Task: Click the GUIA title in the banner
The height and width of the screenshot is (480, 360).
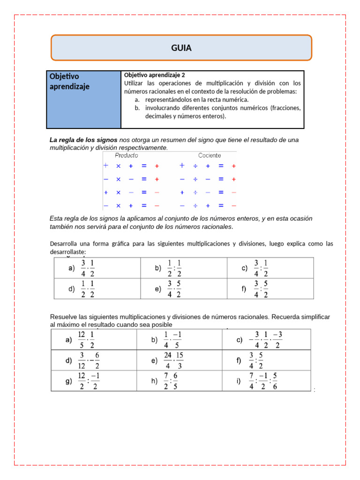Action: pos(181,48)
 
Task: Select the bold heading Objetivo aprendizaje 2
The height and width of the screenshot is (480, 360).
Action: pos(155,75)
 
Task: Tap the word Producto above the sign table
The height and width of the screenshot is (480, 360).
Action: pos(127,155)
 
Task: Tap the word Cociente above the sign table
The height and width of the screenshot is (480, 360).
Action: pos(210,155)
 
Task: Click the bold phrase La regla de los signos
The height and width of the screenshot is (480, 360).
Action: pos(83,140)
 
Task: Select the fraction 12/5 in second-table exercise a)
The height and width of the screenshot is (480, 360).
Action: pos(82,340)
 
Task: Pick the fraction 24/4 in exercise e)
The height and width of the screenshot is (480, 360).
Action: pos(168,361)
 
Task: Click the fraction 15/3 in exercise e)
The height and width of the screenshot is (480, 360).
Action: pos(180,361)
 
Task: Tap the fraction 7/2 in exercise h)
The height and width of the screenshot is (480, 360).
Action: pos(166,381)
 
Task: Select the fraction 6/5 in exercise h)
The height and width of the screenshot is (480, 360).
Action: pos(176,381)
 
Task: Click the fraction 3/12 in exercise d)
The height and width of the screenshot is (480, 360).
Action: pos(82,361)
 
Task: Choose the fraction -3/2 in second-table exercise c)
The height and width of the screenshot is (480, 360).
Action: pos(277,340)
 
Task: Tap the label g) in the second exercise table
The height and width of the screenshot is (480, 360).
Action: pos(68,381)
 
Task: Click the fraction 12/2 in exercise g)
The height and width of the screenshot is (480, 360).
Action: pos(82,381)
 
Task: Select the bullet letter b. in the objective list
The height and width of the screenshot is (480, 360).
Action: pos(137,108)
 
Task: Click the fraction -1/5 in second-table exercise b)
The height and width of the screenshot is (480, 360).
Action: pos(177,340)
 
